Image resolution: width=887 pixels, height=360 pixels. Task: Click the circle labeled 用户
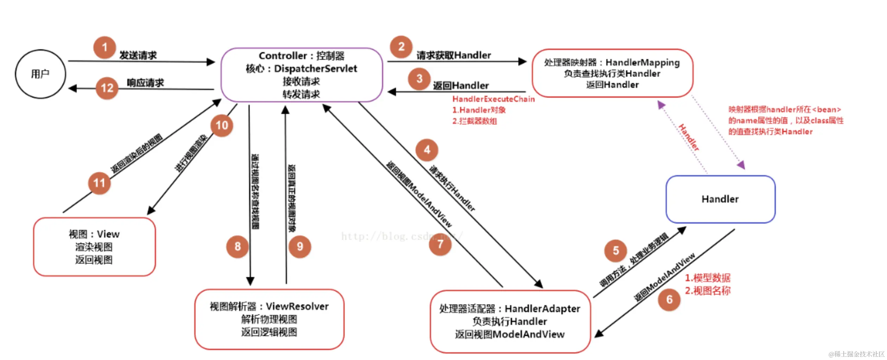pyautogui.click(x=40, y=74)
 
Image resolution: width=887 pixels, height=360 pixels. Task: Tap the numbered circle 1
pyautogui.click(x=104, y=47)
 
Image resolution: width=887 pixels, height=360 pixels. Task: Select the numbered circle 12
pyautogui.click(x=107, y=88)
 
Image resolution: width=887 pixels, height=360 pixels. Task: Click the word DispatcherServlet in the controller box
pyautogui.click(x=315, y=69)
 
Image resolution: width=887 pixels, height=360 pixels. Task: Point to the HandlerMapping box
pyautogui.click(x=612, y=73)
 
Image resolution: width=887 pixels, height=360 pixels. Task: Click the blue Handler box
pyautogui.click(x=720, y=199)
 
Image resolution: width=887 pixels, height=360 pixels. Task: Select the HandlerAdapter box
pyautogui.click(x=510, y=321)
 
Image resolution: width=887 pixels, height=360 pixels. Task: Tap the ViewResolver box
pyautogui.click(x=269, y=319)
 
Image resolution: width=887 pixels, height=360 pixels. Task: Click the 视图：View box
pyautogui.click(x=94, y=247)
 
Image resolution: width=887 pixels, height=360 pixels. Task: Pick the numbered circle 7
pyautogui.click(x=440, y=244)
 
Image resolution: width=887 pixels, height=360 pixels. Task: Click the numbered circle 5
pyautogui.click(x=615, y=251)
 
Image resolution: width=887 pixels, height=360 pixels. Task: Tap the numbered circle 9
pyautogui.click(x=300, y=246)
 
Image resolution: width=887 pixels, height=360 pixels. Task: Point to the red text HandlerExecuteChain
pyautogui.click(x=493, y=99)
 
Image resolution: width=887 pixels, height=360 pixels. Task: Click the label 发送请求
pyautogui.click(x=138, y=56)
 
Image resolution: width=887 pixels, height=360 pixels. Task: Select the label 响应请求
pyautogui.click(x=145, y=83)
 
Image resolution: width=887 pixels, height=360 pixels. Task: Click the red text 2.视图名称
pyautogui.click(x=707, y=291)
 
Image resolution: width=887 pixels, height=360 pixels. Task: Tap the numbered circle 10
pyautogui.click(x=222, y=125)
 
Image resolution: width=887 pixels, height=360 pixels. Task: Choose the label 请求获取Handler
pyautogui.click(x=453, y=55)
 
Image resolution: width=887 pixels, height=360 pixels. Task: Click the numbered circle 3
pyautogui.click(x=419, y=78)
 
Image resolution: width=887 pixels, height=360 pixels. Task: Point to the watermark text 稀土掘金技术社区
pyautogui.click(x=858, y=354)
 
